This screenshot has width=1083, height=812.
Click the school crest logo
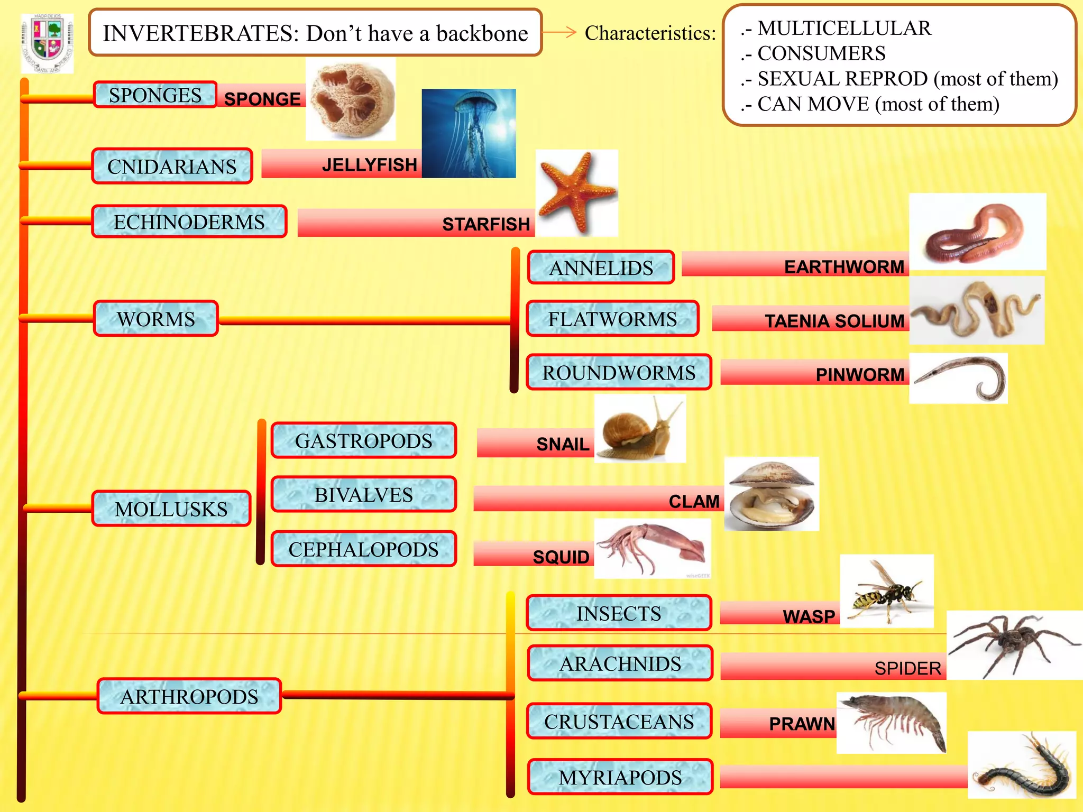pyautogui.click(x=47, y=43)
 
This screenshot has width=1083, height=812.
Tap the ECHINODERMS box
pyautogui.click(x=189, y=222)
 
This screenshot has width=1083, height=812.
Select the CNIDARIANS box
pyautogui.click(x=172, y=167)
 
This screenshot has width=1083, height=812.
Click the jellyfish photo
pyautogui.click(x=469, y=133)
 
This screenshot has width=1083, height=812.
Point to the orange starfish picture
pyautogui.click(x=576, y=192)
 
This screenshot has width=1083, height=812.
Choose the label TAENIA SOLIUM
pyautogui.click(x=834, y=321)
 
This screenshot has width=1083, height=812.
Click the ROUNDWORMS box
pyautogui.click(x=619, y=373)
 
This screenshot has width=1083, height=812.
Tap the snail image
pyautogui.click(x=640, y=429)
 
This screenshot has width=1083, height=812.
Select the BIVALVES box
pyautogui.click(x=364, y=495)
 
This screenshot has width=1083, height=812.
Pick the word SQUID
pyautogui.click(x=561, y=557)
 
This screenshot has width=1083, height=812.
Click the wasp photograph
pyautogui.click(x=887, y=591)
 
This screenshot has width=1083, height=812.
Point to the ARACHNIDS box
pyautogui.click(x=620, y=663)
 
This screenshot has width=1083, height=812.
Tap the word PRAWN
pyautogui.click(x=802, y=724)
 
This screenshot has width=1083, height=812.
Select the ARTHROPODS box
pyautogui.click(x=189, y=696)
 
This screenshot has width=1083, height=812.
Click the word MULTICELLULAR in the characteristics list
pyautogui.click(x=844, y=28)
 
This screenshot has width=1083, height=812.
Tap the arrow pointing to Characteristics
pyautogui.click(x=559, y=33)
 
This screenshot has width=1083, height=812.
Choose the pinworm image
pyautogui.click(x=958, y=379)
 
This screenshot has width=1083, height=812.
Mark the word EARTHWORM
pyautogui.click(x=844, y=267)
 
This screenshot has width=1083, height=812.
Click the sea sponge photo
pyautogui.click(x=351, y=99)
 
